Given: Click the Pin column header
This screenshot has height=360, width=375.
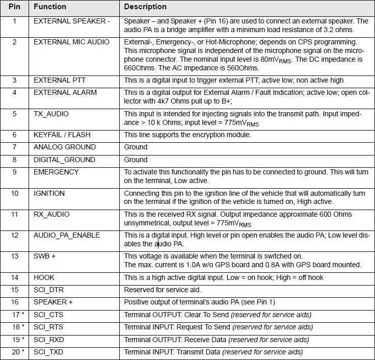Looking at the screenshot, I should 14,7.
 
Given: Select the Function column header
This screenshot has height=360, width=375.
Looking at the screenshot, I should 50,7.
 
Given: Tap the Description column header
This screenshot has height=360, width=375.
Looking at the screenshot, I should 145,7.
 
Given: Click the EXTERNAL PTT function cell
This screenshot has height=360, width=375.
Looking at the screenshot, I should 57,80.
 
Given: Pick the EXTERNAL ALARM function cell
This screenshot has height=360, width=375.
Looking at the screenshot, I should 61,93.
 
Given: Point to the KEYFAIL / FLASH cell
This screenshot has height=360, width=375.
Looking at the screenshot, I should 59,135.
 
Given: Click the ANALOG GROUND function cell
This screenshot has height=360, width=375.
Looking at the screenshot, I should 65,147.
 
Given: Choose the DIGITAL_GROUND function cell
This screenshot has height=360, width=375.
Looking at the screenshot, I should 64,160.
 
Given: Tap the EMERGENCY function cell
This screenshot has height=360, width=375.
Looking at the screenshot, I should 56,172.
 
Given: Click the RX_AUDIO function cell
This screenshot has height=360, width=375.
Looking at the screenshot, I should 51,214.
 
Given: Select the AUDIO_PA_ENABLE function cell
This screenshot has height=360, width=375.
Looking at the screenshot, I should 67,235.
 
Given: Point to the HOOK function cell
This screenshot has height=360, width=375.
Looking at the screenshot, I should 44,277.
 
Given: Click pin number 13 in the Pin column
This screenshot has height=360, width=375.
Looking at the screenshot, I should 14,256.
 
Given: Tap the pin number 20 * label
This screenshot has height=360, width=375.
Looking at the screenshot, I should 16,352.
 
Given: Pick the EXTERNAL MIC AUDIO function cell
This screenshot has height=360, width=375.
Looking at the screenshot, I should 71,42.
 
